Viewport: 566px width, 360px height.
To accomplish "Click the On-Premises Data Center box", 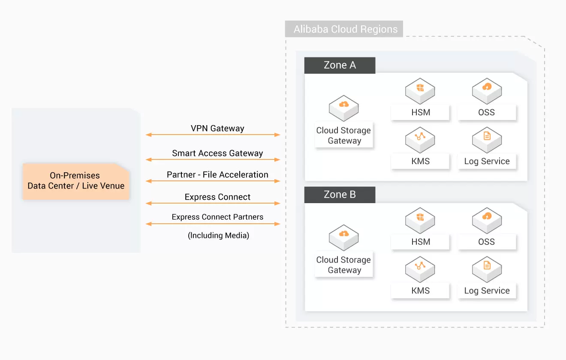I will [76, 181].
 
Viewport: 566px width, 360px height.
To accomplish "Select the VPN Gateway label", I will [217, 128].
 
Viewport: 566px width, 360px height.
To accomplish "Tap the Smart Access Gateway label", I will [217, 153].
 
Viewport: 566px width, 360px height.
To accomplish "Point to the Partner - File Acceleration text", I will [217, 174].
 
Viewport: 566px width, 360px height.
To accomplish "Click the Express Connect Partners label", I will [217, 217].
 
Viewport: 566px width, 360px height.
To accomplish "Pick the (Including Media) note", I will [218, 235].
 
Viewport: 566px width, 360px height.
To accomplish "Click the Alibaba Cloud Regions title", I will [345, 30].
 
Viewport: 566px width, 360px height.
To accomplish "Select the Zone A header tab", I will [340, 65].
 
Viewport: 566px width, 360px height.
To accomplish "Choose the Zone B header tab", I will [340, 194].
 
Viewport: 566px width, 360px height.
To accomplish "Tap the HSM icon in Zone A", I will [420, 90].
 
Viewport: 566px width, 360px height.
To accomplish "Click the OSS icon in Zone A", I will [487, 90].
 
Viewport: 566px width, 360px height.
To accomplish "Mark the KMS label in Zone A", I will [420, 162].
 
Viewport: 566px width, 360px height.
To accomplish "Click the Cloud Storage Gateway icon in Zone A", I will [344, 108].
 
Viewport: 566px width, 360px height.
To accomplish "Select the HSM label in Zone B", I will [420, 242].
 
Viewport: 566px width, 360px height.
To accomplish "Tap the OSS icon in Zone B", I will [487, 219].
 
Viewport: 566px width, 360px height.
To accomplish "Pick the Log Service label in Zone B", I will [487, 291].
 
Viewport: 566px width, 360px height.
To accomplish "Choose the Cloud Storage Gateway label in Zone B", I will [344, 265].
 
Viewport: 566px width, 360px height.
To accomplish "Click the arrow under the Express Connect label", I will [213, 203].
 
